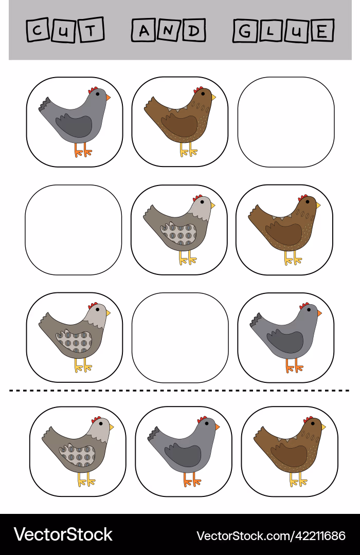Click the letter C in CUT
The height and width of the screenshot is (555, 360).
click(x=37, y=30)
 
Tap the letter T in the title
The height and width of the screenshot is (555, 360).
click(x=91, y=30)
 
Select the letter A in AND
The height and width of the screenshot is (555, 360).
click(x=144, y=31)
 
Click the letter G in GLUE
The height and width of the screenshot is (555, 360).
click(x=244, y=31)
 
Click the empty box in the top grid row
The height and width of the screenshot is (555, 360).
click(x=286, y=122)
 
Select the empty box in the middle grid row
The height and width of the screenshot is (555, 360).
click(x=74, y=230)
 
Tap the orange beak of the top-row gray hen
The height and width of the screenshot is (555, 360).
click(x=108, y=97)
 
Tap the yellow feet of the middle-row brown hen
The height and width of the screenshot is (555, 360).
click(x=293, y=260)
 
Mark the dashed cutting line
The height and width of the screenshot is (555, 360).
click(x=179, y=391)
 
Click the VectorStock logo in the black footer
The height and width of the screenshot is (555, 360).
click(x=63, y=534)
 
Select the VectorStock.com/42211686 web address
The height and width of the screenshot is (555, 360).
click(x=271, y=535)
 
